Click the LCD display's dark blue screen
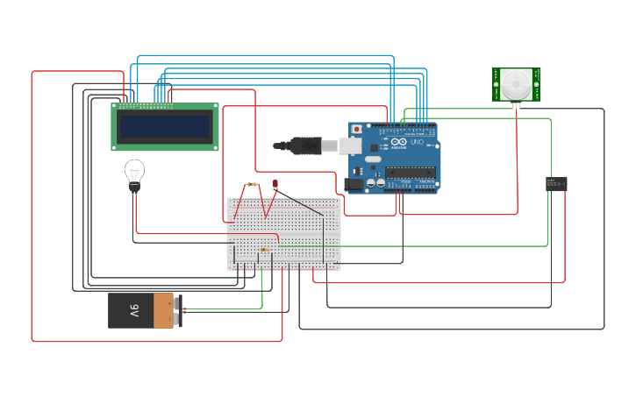click(165, 127)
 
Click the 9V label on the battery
click(134, 311)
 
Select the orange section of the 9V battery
click(163, 311)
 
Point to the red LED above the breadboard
click(275, 184)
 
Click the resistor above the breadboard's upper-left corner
click(253, 185)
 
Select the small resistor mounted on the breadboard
click(266, 250)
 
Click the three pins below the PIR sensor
click(516, 105)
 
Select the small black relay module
click(556, 183)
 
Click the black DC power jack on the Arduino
click(354, 185)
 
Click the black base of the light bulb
click(134, 186)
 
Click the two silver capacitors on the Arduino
click(375, 183)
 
